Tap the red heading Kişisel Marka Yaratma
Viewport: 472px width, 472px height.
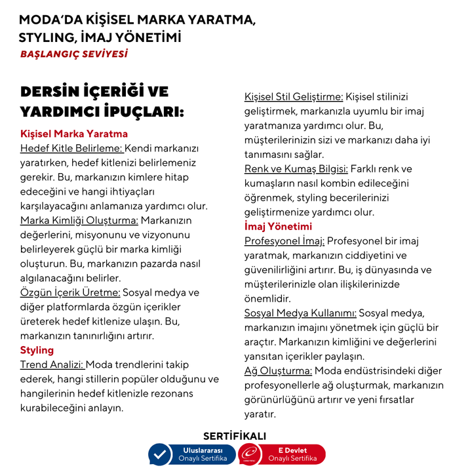point(73,134)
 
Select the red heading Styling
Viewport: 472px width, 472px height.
point(37,350)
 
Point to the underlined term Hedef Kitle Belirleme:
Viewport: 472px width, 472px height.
point(71,148)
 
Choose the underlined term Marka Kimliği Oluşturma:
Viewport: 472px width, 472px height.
point(79,220)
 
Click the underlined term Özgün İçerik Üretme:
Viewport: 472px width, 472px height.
point(70,292)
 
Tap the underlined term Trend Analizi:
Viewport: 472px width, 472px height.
point(52,364)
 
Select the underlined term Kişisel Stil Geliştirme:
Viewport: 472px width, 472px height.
point(294,97)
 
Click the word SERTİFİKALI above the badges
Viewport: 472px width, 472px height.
point(235,436)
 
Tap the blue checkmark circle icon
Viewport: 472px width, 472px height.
point(159,454)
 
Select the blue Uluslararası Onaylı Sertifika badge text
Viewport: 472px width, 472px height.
point(203,454)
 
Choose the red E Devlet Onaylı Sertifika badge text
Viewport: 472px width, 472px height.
point(292,454)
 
